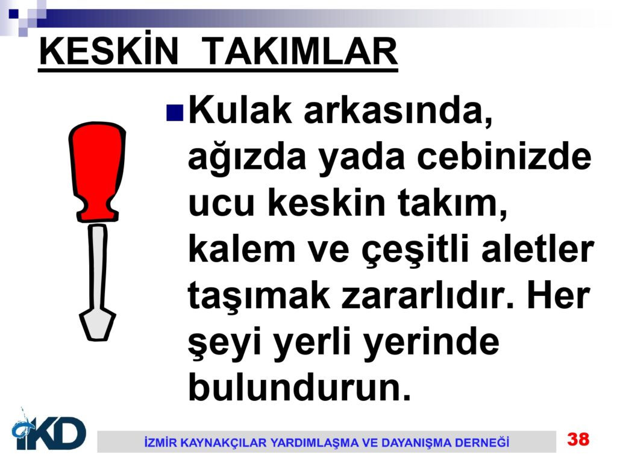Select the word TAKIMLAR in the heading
tap(302, 52)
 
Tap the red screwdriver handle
tap(97, 172)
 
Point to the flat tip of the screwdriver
tap(97, 325)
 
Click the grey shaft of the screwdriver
tap(97, 268)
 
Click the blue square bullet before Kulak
tap(175, 112)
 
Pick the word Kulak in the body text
tap(240, 110)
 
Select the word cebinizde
tap(504, 157)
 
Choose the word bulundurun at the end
tap(300, 386)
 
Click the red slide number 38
tap(578, 439)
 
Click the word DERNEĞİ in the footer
tap(481, 442)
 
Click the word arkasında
tap(398, 111)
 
